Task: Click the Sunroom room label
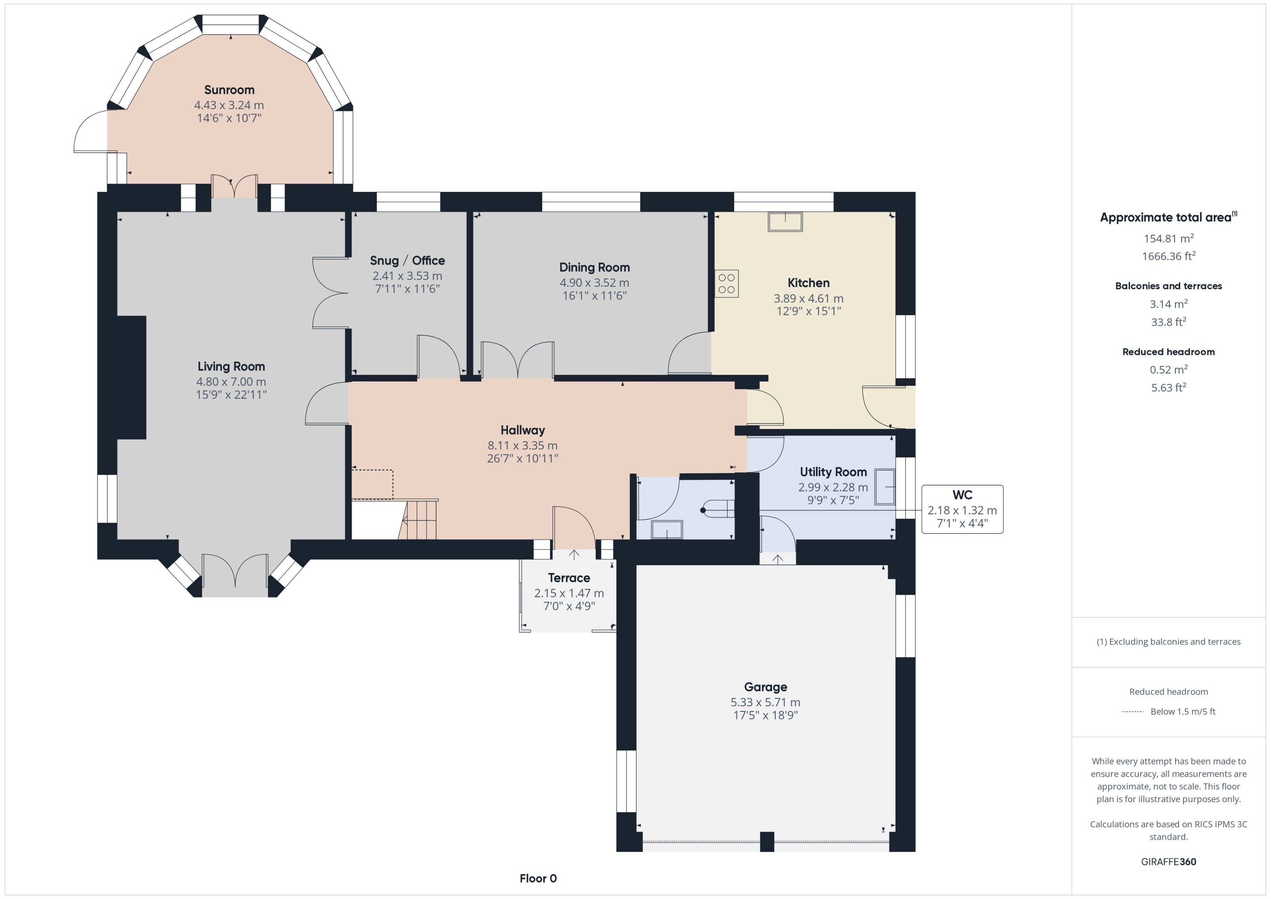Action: (x=229, y=90)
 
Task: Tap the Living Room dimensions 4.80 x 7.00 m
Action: (x=231, y=381)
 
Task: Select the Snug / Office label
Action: (x=407, y=260)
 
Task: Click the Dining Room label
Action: (x=594, y=267)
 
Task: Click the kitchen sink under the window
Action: (x=785, y=221)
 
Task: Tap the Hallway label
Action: (x=522, y=430)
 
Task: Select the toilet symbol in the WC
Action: (x=717, y=509)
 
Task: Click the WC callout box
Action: (x=962, y=509)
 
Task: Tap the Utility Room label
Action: (x=833, y=472)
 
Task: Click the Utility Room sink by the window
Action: (x=885, y=487)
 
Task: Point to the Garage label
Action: (x=766, y=687)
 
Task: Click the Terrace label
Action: (x=569, y=578)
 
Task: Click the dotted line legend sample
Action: (x=1132, y=712)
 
